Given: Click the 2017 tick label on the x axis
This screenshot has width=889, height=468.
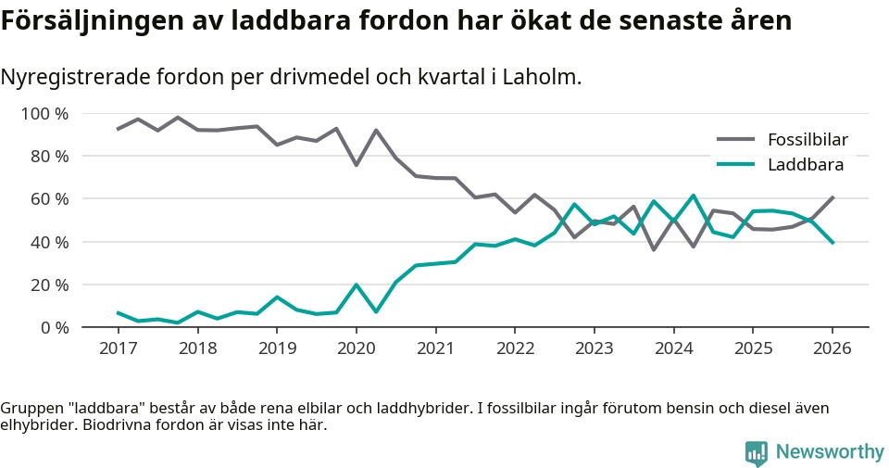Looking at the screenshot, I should click(x=118, y=348).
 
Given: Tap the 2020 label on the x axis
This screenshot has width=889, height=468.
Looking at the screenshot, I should click(x=356, y=348).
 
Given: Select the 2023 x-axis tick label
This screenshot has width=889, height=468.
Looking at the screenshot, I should click(x=594, y=348).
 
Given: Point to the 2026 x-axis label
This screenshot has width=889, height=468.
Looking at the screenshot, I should click(x=832, y=348).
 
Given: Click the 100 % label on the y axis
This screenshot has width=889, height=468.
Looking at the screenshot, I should click(x=45, y=114).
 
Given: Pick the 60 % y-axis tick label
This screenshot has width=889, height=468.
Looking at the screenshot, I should click(x=50, y=199).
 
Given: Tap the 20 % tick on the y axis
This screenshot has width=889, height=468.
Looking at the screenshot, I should click(x=50, y=285).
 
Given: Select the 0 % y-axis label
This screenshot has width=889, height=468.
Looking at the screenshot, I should click(x=55, y=327).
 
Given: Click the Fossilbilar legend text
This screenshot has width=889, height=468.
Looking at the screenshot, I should click(x=808, y=140).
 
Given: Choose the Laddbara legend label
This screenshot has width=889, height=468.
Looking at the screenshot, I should click(x=806, y=165).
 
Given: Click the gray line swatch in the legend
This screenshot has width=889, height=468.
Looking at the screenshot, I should click(x=736, y=140).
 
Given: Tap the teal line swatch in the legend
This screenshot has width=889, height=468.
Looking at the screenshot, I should click(x=736, y=165).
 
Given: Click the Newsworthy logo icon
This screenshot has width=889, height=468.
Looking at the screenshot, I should click(x=757, y=452).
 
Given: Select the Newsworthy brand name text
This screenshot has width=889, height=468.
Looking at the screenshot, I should click(x=830, y=452).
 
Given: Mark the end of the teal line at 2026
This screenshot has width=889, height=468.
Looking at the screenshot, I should click(x=832, y=243).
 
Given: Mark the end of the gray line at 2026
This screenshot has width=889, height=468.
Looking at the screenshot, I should click(x=832, y=197).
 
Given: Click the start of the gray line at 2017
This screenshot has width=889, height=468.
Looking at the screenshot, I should click(x=118, y=129).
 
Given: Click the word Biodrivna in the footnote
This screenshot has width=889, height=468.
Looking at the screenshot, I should click(x=122, y=425).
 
